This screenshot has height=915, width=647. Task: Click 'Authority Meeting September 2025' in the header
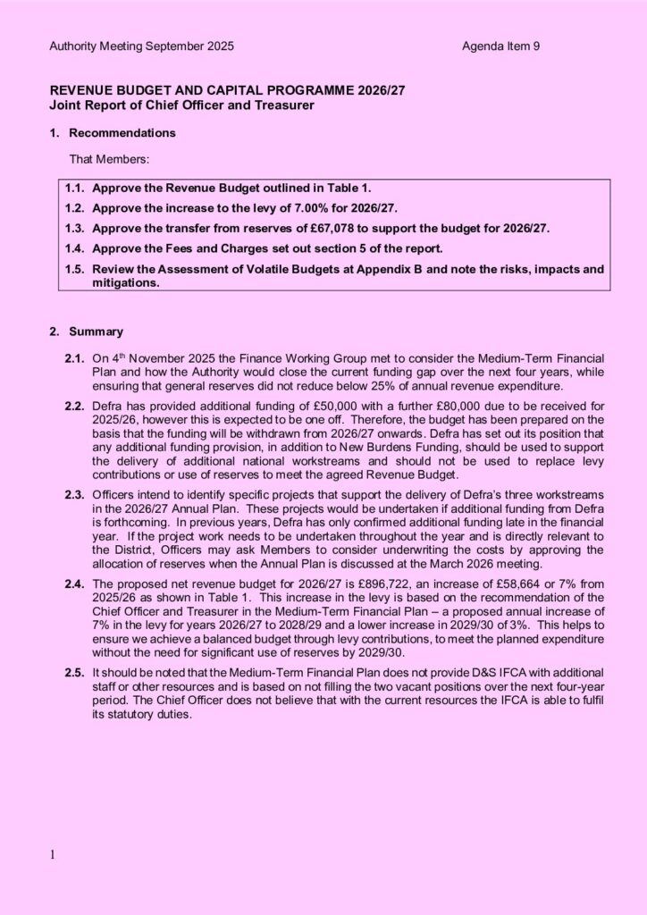pyautogui.click(x=141, y=46)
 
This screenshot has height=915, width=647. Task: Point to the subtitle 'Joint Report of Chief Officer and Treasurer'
pyautogui.click(x=181, y=105)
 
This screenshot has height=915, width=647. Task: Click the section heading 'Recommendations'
pyautogui.click(x=122, y=133)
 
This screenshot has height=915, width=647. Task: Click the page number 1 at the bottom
pyautogui.click(x=52, y=855)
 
